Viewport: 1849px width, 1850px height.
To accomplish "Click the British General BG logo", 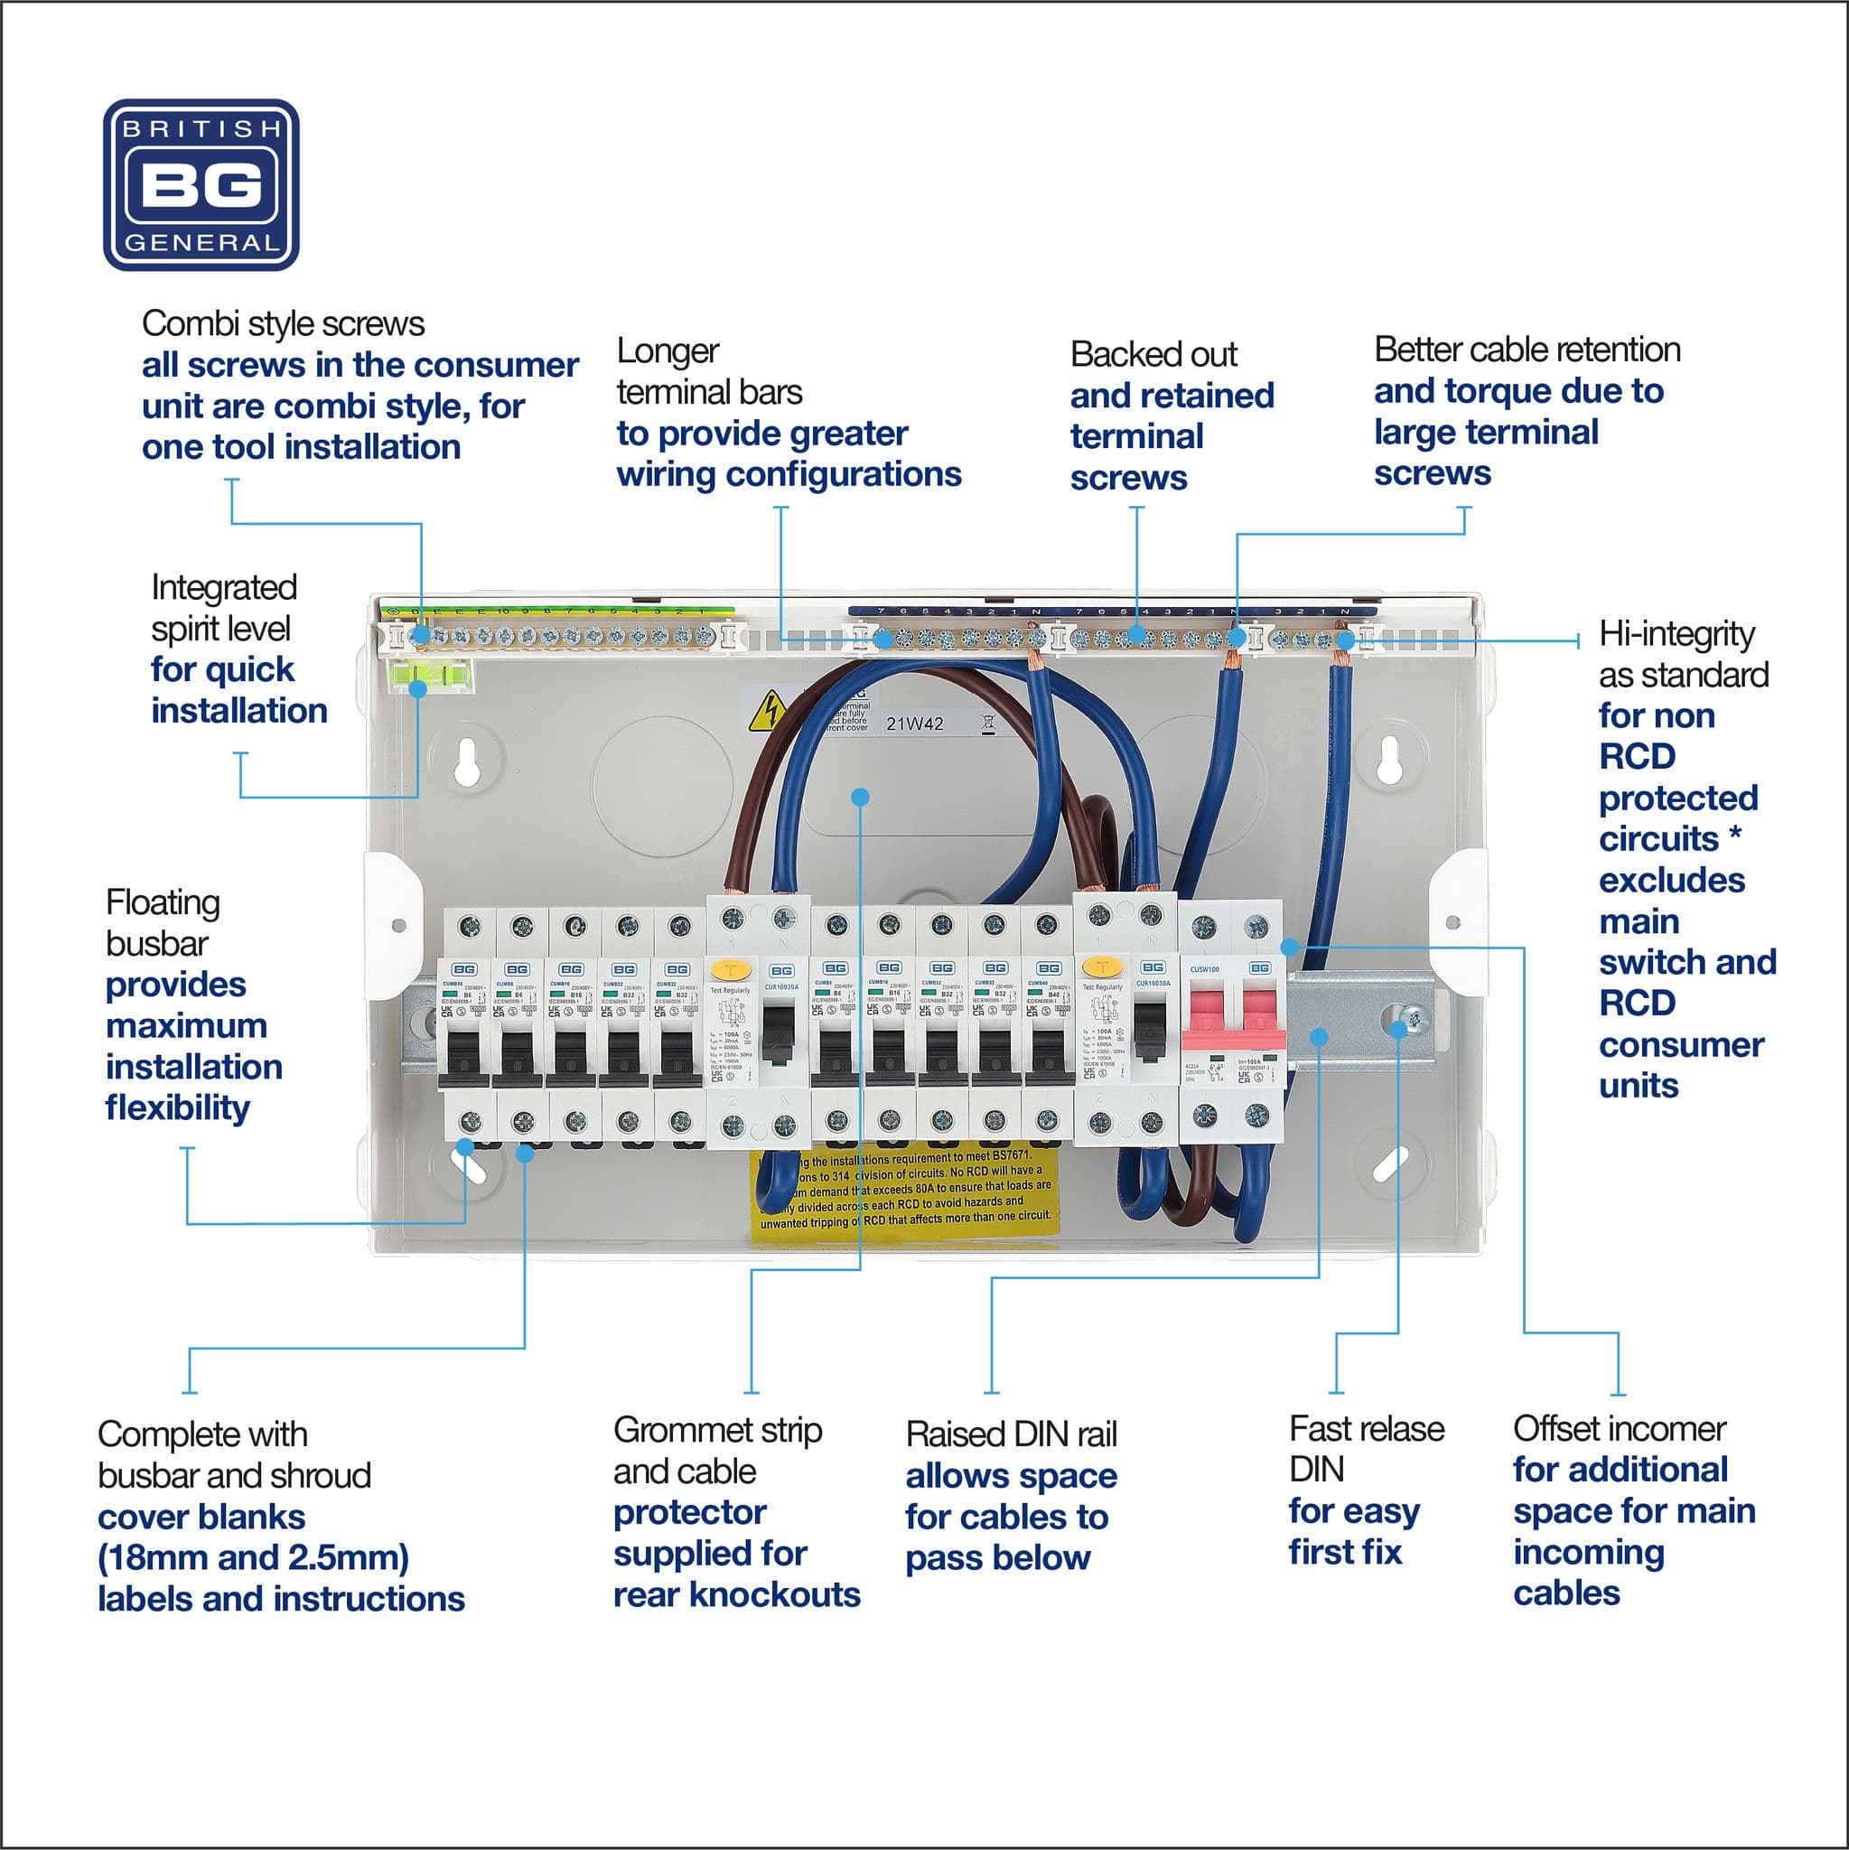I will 201,185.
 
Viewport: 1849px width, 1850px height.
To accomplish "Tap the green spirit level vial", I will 431,678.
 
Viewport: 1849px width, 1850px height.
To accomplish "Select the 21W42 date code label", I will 914,724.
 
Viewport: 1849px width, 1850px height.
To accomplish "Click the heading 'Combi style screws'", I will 283,323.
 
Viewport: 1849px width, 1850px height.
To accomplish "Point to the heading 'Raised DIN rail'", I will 1011,1434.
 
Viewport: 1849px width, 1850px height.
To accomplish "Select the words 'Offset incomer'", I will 1620,1429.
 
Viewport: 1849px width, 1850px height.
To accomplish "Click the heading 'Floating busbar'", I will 163,922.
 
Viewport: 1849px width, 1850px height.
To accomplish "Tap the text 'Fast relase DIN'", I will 1366,1449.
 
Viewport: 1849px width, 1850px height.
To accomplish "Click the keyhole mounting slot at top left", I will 467,759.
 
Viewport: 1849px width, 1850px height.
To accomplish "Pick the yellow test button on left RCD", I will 731,968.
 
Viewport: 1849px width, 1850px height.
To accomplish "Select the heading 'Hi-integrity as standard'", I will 1683,654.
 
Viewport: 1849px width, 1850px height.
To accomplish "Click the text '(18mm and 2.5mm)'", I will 253,1558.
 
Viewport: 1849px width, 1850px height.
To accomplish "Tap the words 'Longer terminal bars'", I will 708,371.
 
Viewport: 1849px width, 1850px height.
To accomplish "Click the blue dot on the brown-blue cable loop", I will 860,797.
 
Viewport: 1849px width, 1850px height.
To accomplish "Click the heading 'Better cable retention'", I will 1527,350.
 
